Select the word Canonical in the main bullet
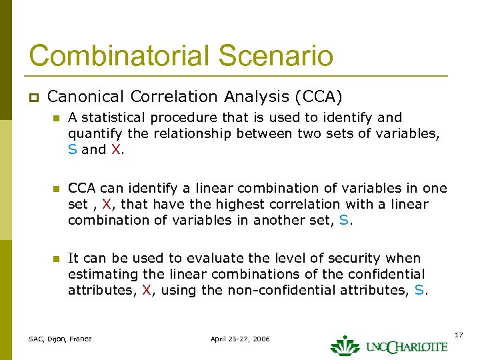click(86, 97)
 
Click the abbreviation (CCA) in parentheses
click(318, 97)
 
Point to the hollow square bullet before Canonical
click(33, 97)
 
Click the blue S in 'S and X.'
click(72, 149)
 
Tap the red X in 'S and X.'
click(115, 149)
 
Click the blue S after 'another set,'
click(343, 220)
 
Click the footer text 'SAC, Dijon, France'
click(60, 339)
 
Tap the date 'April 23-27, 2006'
click(240, 339)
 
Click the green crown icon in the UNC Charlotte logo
click(345, 344)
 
